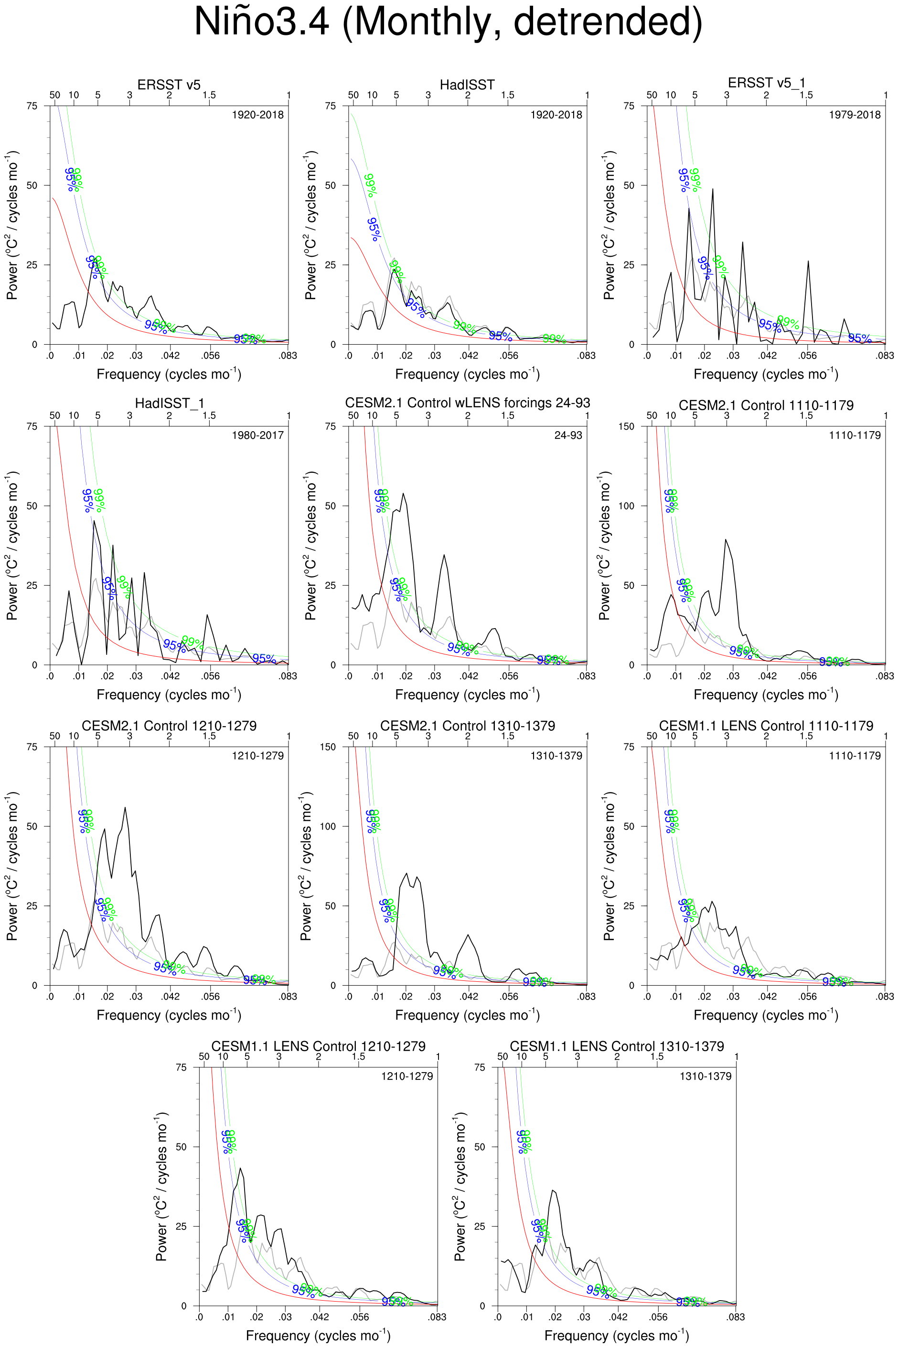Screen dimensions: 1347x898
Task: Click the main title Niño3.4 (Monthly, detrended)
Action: [x=449, y=22]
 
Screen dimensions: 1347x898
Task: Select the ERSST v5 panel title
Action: [x=169, y=85]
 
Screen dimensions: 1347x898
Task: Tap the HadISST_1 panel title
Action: [x=169, y=403]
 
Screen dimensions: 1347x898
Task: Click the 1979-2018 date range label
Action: [x=855, y=115]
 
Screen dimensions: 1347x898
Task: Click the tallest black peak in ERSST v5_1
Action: [x=713, y=189]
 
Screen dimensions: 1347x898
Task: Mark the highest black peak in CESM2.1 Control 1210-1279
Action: [x=125, y=808]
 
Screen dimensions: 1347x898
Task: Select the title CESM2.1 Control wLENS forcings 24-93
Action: [x=467, y=403]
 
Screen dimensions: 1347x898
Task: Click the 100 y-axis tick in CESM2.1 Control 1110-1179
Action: [x=627, y=506]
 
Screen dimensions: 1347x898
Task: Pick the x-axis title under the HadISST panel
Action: [x=467, y=374]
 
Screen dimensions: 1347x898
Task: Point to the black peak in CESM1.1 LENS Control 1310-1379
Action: [x=553, y=1191]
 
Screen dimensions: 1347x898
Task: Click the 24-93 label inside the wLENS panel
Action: [x=568, y=435]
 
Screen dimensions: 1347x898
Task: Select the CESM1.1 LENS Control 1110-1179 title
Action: [x=766, y=726]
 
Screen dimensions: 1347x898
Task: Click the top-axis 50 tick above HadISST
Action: [x=353, y=95]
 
